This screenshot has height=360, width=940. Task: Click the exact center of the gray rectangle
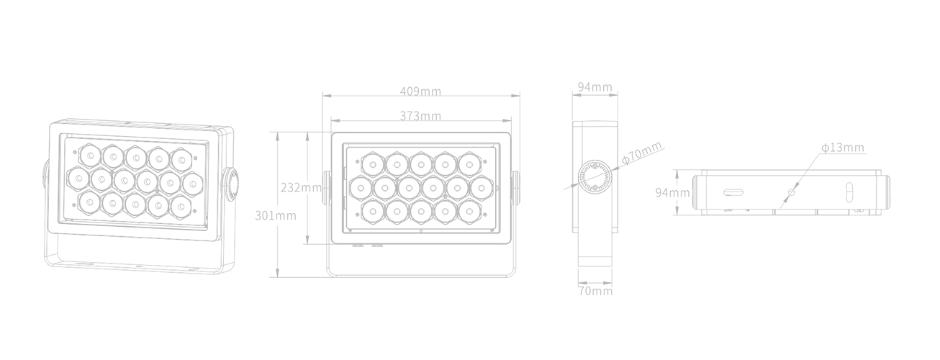coord(466,189)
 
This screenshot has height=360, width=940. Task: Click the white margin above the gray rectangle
coord(466,40)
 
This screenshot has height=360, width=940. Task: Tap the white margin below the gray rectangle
coord(466,328)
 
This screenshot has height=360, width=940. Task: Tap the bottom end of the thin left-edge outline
coord(45,261)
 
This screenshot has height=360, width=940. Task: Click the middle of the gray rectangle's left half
coord(256,189)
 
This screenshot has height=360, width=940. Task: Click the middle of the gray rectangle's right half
coord(677,189)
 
